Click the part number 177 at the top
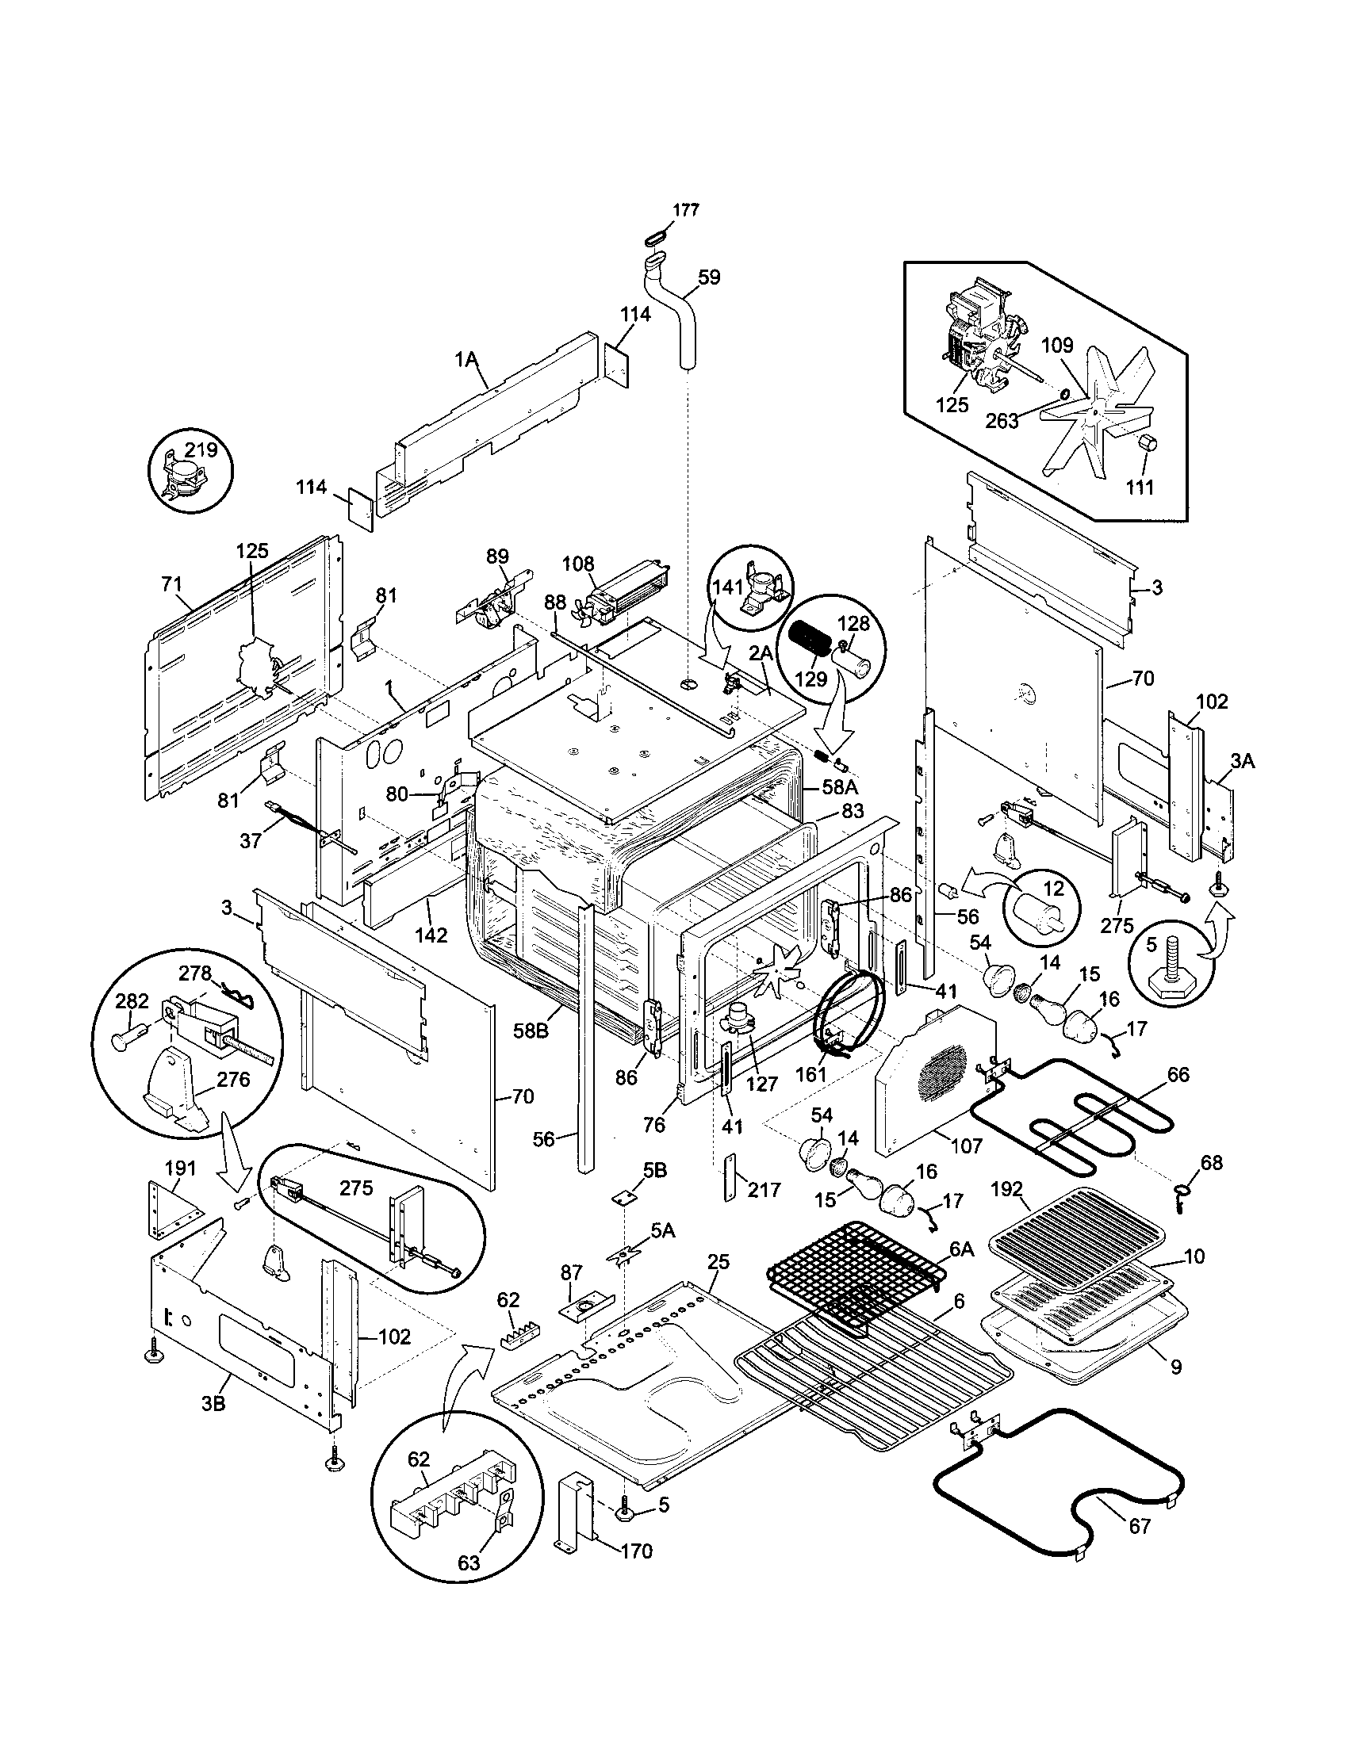pos(685,210)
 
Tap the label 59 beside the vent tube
pos(708,277)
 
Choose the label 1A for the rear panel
pos(466,360)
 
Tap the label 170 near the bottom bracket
pos(636,1551)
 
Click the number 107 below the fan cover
pos(967,1146)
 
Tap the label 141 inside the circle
pos(727,587)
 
